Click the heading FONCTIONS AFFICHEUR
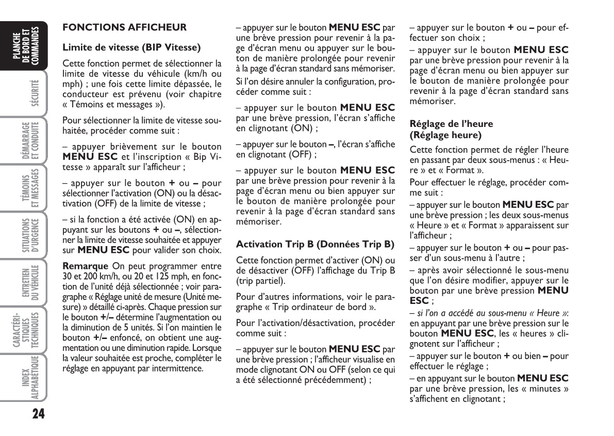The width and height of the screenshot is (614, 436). tap(124, 27)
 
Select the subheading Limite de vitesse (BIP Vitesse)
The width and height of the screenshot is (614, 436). tap(131, 47)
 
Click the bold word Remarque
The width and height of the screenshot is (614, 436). tap(85, 266)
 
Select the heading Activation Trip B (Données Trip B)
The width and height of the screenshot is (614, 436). tap(314, 244)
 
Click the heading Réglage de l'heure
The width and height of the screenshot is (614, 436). tap(444, 124)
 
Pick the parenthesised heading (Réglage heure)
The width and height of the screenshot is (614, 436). tap(445, 135)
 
